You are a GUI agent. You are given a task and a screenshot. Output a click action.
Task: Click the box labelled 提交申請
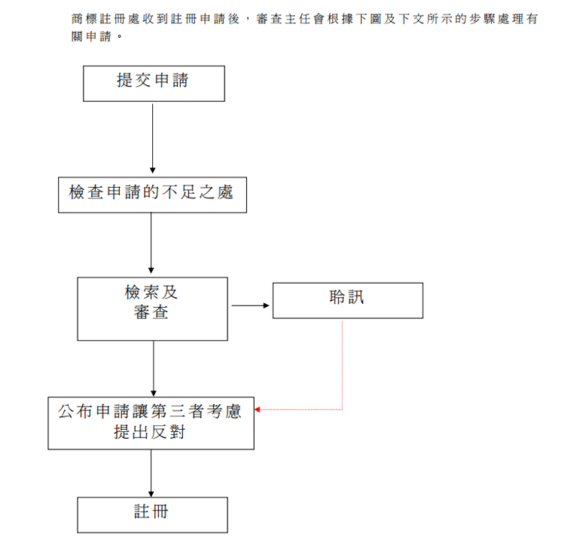[154, 83]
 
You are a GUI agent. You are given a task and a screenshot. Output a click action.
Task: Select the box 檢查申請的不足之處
[152, 195]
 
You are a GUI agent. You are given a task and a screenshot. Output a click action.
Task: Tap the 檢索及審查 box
[152, 308]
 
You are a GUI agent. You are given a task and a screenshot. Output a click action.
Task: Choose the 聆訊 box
[347, 300]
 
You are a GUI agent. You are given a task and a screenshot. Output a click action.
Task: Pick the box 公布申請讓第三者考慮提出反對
[151, 423]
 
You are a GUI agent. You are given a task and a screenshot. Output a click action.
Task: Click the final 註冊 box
[152, 514]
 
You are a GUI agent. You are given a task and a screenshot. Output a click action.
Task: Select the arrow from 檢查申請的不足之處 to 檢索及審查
[151, 241]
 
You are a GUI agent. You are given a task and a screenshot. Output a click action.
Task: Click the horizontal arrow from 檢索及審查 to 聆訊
[250, 305]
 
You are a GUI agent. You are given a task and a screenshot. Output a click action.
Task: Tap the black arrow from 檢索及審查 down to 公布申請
[154, 368]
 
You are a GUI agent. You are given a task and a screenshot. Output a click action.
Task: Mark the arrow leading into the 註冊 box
[151, 473]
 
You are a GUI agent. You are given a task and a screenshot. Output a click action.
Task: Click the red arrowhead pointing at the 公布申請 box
[258, 409]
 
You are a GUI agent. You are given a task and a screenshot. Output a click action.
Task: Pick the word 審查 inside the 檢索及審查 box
[151, 312]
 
